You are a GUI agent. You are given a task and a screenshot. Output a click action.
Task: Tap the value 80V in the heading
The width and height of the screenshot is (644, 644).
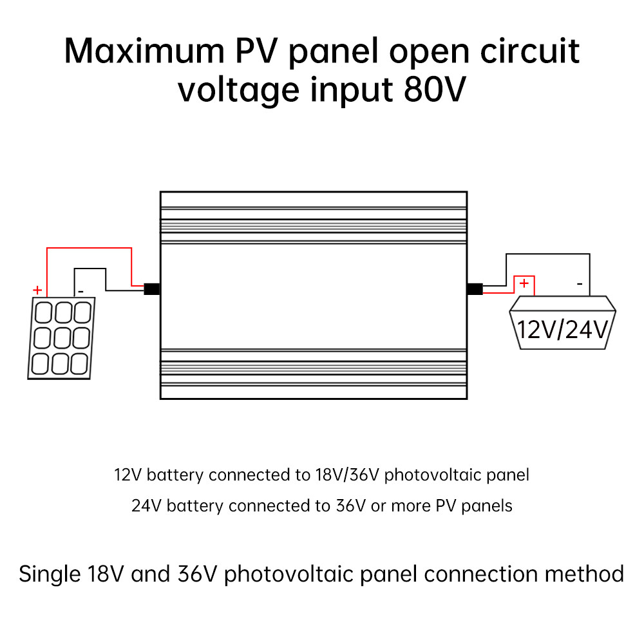pos(433,90)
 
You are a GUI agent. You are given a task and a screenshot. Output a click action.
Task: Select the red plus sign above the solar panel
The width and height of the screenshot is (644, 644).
pos(37,290)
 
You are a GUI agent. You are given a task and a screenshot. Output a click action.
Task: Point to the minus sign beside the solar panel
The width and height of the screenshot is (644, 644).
pos(80,291)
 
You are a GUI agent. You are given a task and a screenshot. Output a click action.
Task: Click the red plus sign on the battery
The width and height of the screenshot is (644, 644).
pos(524,283)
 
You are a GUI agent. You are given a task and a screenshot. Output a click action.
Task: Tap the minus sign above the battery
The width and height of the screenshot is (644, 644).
pos(580,283)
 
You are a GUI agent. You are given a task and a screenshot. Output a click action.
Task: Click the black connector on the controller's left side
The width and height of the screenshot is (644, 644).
pos(152,289)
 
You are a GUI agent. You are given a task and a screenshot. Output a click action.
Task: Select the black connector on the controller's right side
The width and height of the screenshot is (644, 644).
pos(475,289)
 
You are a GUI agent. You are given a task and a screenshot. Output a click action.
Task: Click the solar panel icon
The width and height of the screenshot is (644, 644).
pos(61,337)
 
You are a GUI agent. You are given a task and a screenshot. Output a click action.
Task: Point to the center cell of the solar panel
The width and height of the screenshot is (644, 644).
pos(61,337)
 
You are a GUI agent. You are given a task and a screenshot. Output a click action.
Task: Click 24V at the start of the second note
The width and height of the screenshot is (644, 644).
pos(145,506)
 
